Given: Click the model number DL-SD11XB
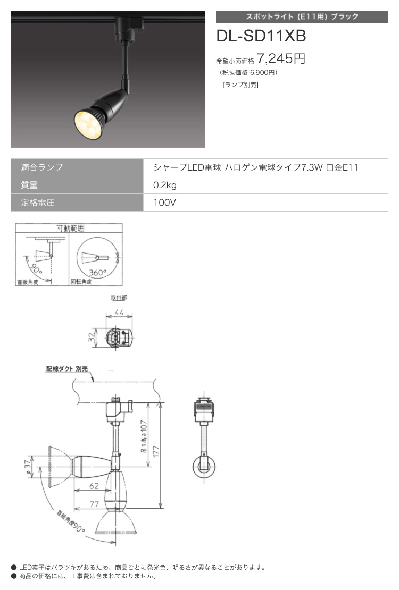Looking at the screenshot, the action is coord(261,36).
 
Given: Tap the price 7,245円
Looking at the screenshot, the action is coord(281,58).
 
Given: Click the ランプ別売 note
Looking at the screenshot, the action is coord(240,85).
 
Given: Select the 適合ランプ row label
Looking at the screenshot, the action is coord(42,167).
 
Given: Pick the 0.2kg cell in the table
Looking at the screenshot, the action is coord(165,185).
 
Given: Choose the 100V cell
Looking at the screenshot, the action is coord(164,203).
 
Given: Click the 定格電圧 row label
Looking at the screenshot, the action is coord(38,203).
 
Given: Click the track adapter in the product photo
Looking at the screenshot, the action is coord(129,29).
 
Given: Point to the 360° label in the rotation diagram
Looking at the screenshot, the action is coord(97,272).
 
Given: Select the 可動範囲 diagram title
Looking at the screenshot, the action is coord(70,228).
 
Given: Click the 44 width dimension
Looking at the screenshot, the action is coord(119,313).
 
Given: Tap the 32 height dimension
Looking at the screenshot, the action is coord(92,337).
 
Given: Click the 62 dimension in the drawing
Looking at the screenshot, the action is coord(94,486).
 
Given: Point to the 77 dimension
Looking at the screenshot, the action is coord(94,504).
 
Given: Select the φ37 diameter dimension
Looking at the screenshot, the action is coord(27,467).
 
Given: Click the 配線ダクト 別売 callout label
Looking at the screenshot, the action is coord(66,369).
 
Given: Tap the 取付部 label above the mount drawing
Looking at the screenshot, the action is coord(119,298).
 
